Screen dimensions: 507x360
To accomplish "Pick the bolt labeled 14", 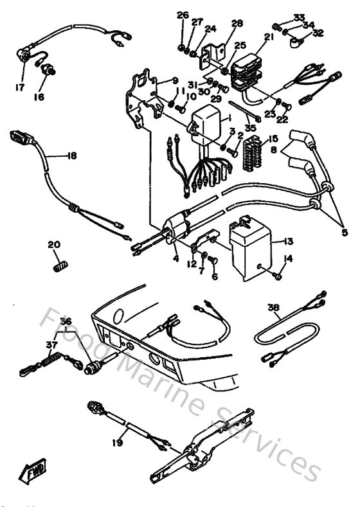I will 276,275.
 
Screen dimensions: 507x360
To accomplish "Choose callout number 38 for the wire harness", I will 273,308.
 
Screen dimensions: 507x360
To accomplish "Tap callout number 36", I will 65,321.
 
